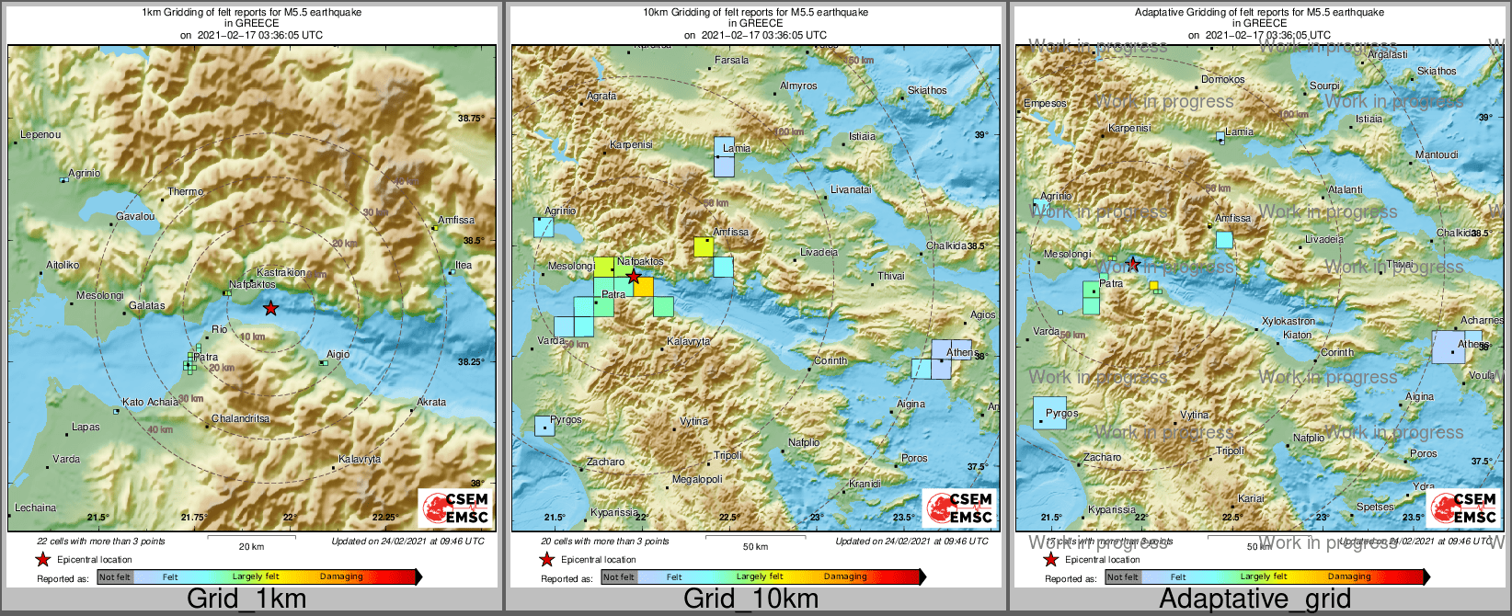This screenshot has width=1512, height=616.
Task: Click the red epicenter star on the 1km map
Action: click(269, 309)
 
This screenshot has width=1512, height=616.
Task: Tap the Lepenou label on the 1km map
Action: click(40, 135)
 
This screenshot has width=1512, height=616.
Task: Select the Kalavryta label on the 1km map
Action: click(360, 459)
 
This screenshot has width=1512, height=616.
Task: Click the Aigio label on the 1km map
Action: click(338, 354)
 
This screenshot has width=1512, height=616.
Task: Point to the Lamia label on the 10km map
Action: click(737, 148)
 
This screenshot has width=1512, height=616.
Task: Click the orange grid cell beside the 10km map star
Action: click(644, 287)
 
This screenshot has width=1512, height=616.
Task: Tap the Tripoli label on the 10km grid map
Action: click(727, 456)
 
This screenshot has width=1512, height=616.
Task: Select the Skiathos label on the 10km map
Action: click(926, 91)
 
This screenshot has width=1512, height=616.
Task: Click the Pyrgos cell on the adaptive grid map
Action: click(1049, 414)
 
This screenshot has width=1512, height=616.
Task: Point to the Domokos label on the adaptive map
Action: click(1222, 80)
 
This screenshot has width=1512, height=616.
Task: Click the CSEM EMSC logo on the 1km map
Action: click(455, 508)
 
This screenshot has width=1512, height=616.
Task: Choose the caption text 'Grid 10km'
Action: click(750, 599)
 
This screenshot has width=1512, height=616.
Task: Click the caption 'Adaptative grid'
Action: click(1254, 599)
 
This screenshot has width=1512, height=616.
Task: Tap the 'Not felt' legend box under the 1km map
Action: click(115, 577)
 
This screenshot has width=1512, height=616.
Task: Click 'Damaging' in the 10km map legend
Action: click(844, 577)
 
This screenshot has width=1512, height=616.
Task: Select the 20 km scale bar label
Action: click(251, 547)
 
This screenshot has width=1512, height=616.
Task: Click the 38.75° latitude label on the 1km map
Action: click(470, 119)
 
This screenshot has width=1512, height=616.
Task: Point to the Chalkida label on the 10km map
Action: click(945, 246)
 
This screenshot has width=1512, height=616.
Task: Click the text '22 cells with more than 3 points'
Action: click(101, 542)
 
